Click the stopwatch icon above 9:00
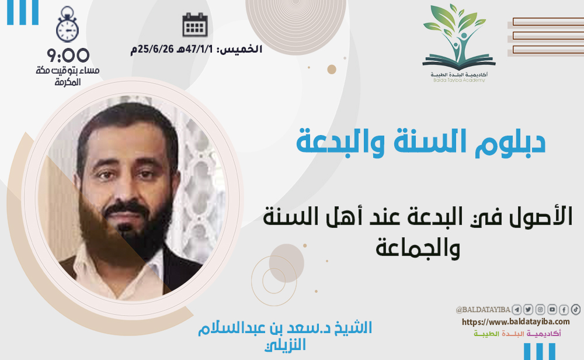(67, 25)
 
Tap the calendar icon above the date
(195, 25)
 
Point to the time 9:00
(68, 56)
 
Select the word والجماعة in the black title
(418, 248)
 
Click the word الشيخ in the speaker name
(353, 328)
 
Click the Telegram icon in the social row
(516, 309)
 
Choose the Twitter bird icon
(528, 309)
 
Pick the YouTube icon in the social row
(552, 309)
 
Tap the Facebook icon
(564, 309)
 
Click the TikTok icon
(576, 309)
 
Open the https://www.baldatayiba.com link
(516, 321)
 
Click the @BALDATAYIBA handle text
(483, 310)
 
